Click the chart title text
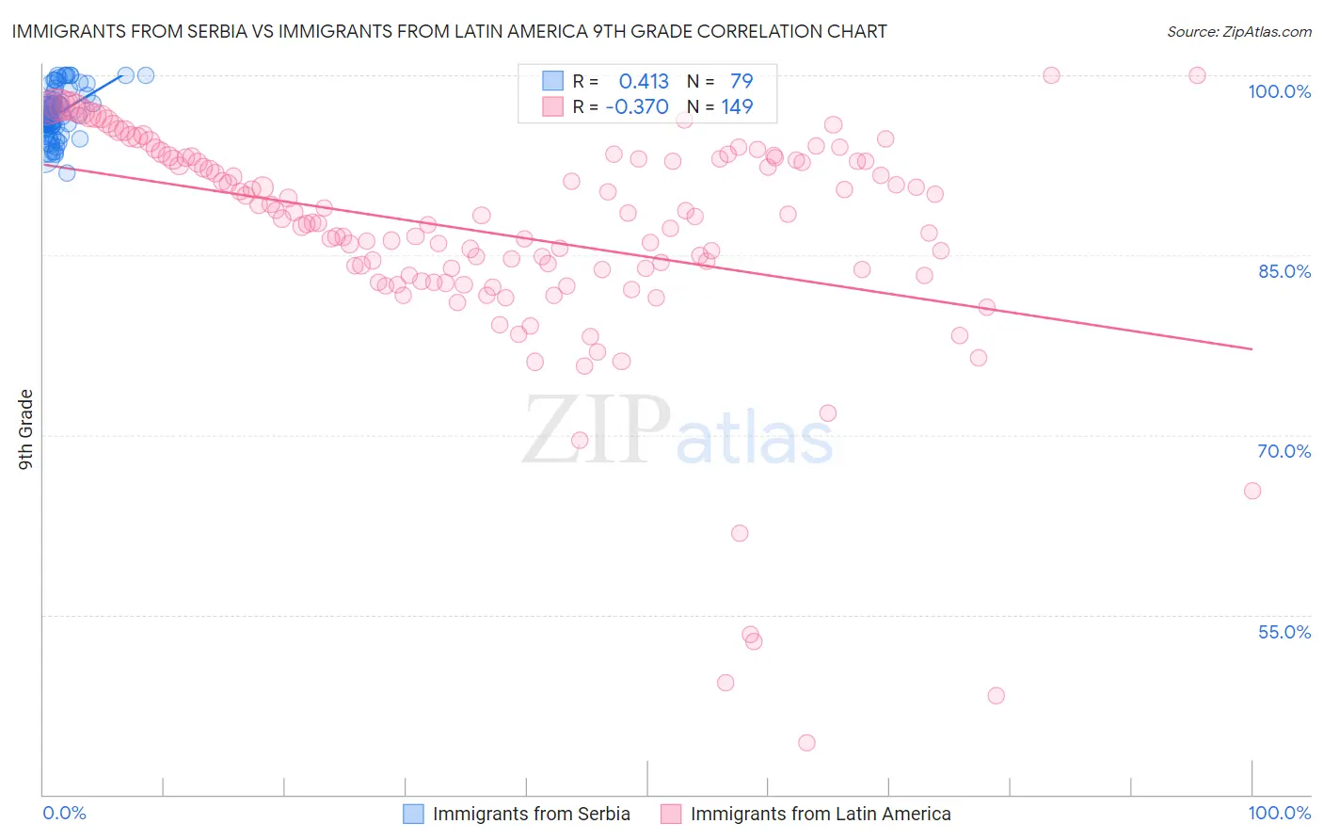pyautogui.click(x=448, y=31)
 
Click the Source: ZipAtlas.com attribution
pyautogui.click(x=1238, y=31)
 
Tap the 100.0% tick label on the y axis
pyautogui.click(x=1279, y=91)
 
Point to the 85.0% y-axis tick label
pyautogui.click(x=1283, y=271)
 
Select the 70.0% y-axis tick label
pyautogui.click(x=1283, y=451)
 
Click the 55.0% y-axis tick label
pyautogui.click(x=1283, y=632)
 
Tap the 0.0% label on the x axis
pyautogui.click(x=64, y=813)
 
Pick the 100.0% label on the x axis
pyautogui.click(x=1279, y=813)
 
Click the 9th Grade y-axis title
pyautogui.click(x=26, y=429)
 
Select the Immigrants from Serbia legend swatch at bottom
pyautogui.click(x=413, y=814)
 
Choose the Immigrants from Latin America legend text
pyautogui.click(x=821, y=814)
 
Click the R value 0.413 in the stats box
pyautogui.click(x=644, y=81)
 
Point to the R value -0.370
pyautogui.click(x=637, y=106)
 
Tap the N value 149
pyautogui.click(x=737, y=106)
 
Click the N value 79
pyautogui.click(x=741, y=81)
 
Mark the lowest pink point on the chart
pyautogui.click(x=806, y=743)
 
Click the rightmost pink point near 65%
pyautogui.click(x=1252, y=491)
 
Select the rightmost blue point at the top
pyautogui.click(x=146, y=75)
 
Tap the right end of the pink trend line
pyautogui.click(x=1251, y=349)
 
